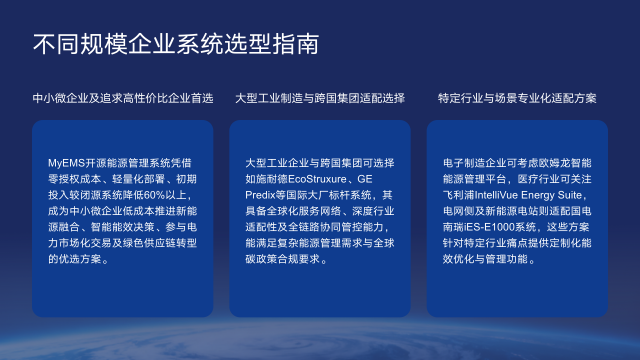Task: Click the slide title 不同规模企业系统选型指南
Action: coord(176,44)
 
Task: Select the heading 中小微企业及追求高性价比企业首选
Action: coord(122,98)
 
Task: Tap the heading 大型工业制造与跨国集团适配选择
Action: coord(319,98)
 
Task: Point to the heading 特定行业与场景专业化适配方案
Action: coord(517,98)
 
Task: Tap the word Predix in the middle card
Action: coord(261,193)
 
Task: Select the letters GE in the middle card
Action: coord(384,177)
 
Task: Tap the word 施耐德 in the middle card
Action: coord(280,177)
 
